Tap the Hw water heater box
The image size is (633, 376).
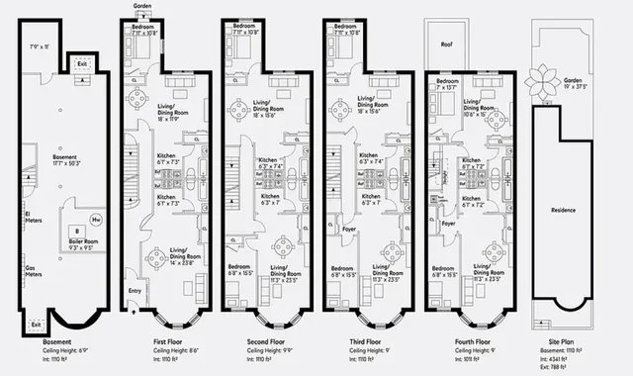point(95,219)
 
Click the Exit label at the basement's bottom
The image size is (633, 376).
point(36,324)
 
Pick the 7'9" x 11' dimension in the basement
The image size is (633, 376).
point(41,47)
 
